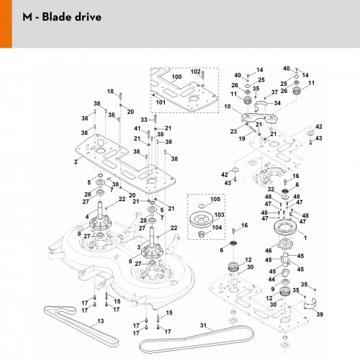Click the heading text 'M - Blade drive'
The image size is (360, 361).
tap(62, 17)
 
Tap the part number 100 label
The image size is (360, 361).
tap(176, 77)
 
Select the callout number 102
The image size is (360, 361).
tap(195, 71)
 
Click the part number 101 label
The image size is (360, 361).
tap(161, 102)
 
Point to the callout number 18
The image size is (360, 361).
tap(110, 92)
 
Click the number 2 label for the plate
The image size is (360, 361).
tap(76, 162)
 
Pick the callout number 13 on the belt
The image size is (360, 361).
tap(101, 321)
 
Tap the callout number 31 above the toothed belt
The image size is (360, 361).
tap(203, 325)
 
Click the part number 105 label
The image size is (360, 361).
tap(215, 199)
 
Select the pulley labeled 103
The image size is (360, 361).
tap(202, 220)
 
